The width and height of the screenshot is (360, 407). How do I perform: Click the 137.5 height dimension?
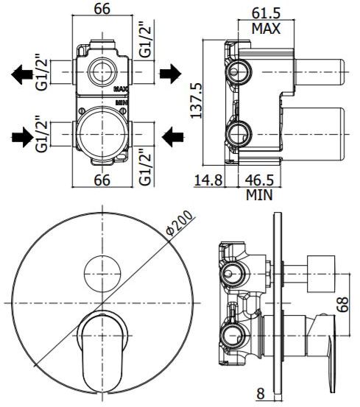[x=197, y=101]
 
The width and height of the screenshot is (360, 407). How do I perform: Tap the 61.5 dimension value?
[x=267, y=13]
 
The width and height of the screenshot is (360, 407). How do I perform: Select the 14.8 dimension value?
[x=208, y=180]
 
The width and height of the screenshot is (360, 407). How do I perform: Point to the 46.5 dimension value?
[x=259, y=180]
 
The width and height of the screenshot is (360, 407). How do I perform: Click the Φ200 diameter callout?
[x=180, y=223]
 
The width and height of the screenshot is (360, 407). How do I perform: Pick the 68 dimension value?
[x=342, y=304]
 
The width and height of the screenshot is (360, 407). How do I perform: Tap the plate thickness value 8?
[x=261, y=393]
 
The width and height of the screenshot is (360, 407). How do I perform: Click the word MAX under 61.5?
[x=267, y=28]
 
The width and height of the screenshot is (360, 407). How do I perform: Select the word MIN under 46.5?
[x=259, y=195]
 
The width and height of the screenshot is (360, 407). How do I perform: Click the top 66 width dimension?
[x=102, y=9]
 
